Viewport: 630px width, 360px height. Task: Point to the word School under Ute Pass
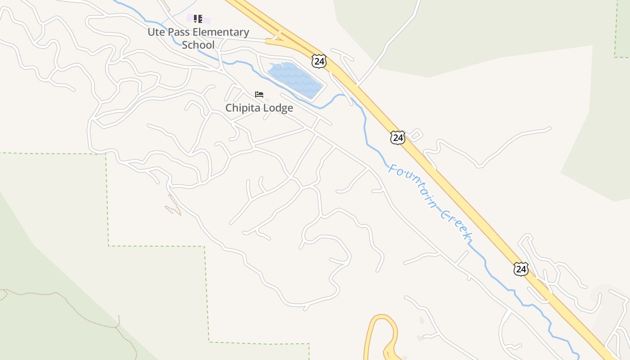tap(198, 45)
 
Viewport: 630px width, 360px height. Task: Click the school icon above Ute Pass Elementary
tap(198, 19)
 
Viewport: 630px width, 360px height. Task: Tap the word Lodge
tap(279, 108)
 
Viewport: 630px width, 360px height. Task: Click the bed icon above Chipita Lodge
tap(259, 94)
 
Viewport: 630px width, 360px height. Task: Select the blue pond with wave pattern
tap(295, 79)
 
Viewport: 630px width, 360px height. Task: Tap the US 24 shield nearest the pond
tap(319, 61)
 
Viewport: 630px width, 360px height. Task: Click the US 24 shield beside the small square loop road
tap(397, 138)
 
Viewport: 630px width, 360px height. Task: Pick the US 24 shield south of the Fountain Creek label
tap(521, 269)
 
